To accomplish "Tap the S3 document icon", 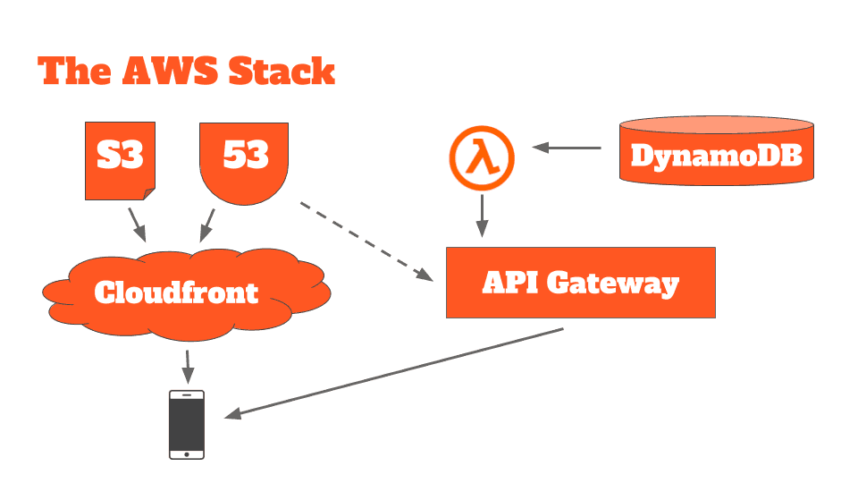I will (x=120, y=159).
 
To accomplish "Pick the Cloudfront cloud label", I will (x=176, y=292).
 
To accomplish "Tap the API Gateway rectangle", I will (x=580, y=284).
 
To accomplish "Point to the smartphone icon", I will (x=187, y=423).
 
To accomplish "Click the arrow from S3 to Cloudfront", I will (x=137, y=224).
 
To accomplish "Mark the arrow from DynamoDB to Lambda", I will (x=567, y=148).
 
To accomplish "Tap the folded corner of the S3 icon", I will (x=147, y=194).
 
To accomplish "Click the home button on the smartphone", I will (x=187, y=453).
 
